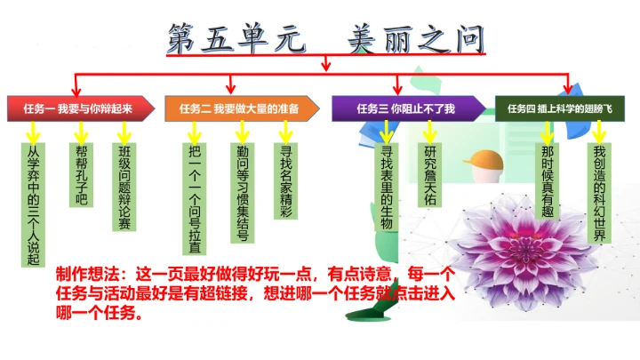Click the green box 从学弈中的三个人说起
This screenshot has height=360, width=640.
34,205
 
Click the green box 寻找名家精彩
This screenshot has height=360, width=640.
285,182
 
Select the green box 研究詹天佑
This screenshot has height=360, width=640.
431,176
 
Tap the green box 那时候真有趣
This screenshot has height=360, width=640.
548,182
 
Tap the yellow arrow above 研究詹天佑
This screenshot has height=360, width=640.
431,132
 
